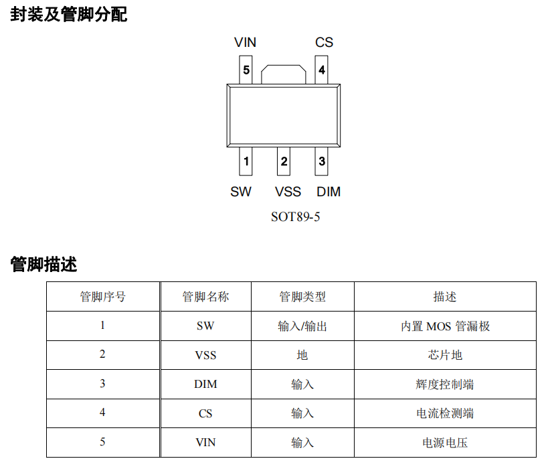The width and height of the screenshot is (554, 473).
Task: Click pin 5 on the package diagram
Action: [246, 70]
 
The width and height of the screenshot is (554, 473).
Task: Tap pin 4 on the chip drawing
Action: [321, 70]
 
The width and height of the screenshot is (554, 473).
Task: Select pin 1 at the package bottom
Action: [246, 161]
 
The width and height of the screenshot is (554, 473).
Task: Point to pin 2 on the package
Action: [284, 161]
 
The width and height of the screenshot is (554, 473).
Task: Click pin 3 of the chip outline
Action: [322, 161]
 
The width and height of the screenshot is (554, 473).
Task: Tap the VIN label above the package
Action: [245, 42]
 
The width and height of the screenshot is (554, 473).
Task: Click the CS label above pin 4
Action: [324, 42]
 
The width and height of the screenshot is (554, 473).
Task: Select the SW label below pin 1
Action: [241, 192]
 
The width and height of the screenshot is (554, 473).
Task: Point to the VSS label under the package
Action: [288, 192]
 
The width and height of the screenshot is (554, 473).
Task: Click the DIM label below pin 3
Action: [329, 192]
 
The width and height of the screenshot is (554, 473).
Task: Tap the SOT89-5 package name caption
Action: [295, 217]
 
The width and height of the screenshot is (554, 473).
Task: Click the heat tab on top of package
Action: [284, 74]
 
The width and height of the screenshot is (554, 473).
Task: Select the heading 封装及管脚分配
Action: [68, 15]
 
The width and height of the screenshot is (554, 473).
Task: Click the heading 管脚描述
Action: [43, 264]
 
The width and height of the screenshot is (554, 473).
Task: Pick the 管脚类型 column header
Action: [302, 297]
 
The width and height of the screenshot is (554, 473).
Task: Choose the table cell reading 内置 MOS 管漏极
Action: [445, 326]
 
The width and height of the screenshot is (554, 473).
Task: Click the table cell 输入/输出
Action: [302, 326]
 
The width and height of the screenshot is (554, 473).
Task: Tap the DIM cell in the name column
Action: [205, 384]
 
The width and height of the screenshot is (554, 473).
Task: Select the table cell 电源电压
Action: [445, 443]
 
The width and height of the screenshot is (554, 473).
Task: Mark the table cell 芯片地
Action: [445, 355]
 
